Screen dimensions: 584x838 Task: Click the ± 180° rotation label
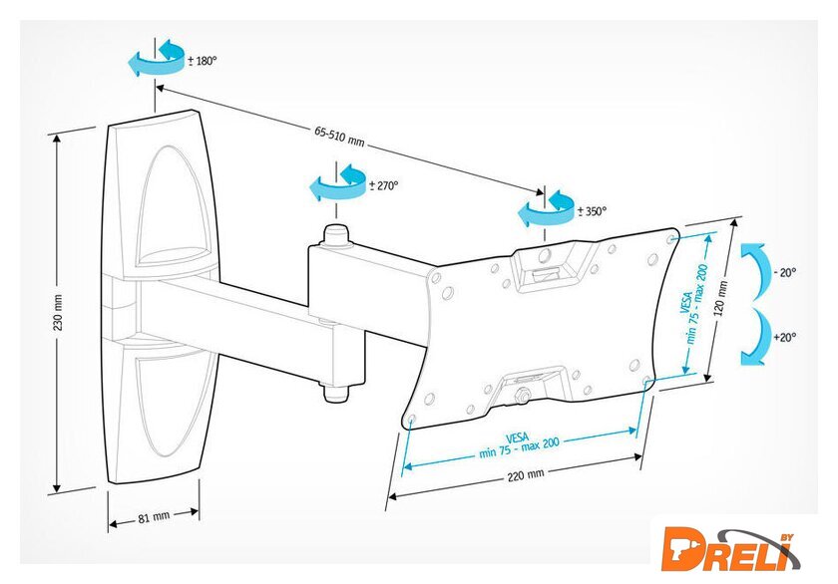click(203, 61)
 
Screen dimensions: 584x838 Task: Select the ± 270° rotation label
click(384, 185)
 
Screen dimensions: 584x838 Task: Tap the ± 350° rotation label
click(592, 211)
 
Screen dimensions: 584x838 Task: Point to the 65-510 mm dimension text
click(339, 133)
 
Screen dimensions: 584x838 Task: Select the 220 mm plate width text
click(526, 475)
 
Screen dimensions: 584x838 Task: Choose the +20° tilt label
click(784, 338)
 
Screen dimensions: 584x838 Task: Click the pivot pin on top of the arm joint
click(333, 235)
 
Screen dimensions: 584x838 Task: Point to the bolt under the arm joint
click(333, 392)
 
